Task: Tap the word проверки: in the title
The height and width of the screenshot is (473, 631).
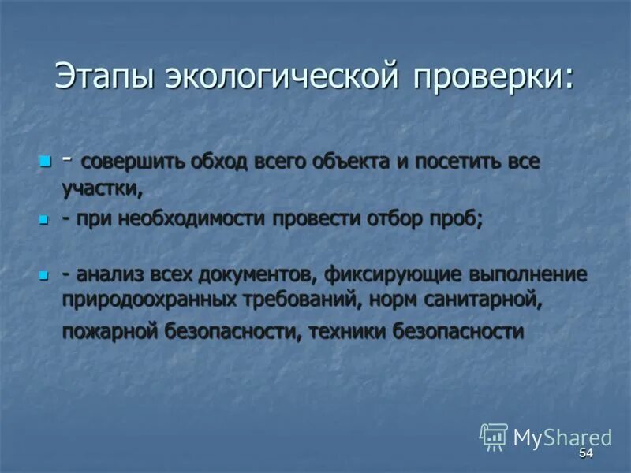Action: click(x=491, y=77)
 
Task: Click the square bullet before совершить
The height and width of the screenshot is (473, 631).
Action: click(x=44, y=162)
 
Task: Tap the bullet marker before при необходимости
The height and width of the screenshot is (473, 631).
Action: click(x=44, y=219)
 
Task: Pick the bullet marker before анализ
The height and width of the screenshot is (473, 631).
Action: click(x=44, y=275)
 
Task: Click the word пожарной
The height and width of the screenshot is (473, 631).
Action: click(x=111, y=331)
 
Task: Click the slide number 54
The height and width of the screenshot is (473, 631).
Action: click(x=584, y=454)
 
